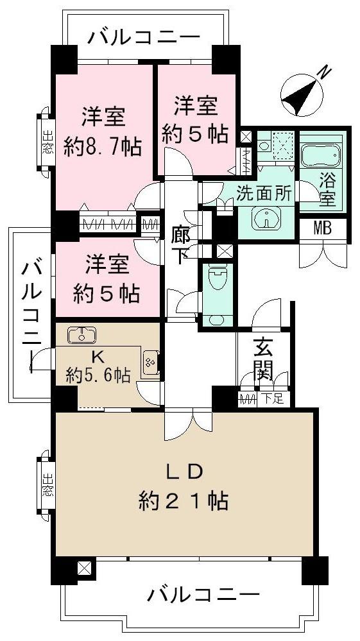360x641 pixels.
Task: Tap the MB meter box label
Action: (x=322, y=228)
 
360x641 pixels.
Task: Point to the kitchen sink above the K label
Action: (x=81, y=335)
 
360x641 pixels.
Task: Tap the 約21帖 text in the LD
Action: (x=184, y=500)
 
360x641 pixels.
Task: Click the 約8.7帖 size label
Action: (x=103, y=148)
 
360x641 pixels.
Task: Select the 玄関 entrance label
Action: (x=263, y=359)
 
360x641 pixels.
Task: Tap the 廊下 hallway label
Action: (x=181, y=244)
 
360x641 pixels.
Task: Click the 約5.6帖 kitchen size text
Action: (x=98, y=376)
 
